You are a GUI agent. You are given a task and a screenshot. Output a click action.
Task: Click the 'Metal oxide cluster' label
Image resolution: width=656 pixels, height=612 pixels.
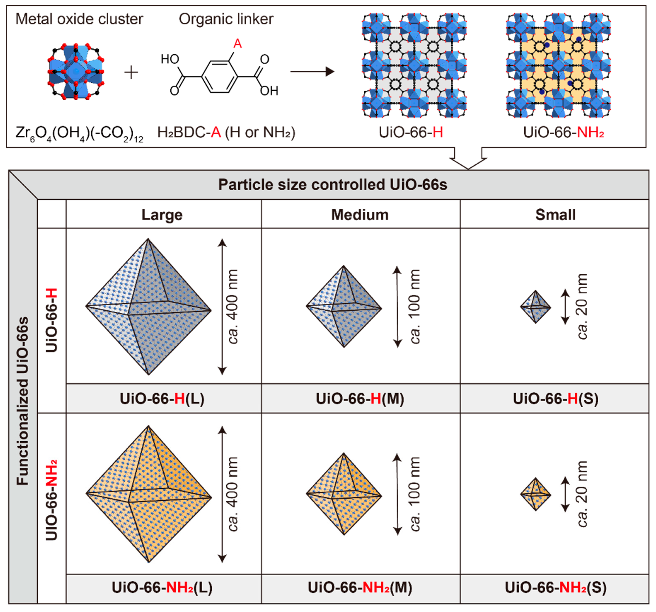coord(79,19)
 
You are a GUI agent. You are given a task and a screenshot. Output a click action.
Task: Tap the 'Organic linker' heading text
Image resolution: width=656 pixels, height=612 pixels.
coord(226,19)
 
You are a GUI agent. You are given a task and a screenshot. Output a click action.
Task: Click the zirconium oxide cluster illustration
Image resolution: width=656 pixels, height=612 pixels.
coord(76,71)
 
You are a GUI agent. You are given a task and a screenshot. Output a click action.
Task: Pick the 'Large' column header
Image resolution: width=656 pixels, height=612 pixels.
coord(162,215)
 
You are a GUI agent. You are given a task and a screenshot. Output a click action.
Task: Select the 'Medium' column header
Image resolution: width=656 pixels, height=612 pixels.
coord(360,215)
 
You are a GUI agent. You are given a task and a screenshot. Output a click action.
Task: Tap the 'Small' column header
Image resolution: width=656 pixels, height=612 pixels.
coord(555,215)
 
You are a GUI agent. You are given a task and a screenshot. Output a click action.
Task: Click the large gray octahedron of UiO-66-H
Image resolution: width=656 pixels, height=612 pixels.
coord(149,307)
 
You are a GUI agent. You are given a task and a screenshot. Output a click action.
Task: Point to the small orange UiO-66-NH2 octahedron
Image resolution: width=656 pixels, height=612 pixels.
coord(536,494)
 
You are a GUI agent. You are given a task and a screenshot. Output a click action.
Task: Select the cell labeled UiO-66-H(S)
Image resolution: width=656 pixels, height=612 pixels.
coord(555,399)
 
